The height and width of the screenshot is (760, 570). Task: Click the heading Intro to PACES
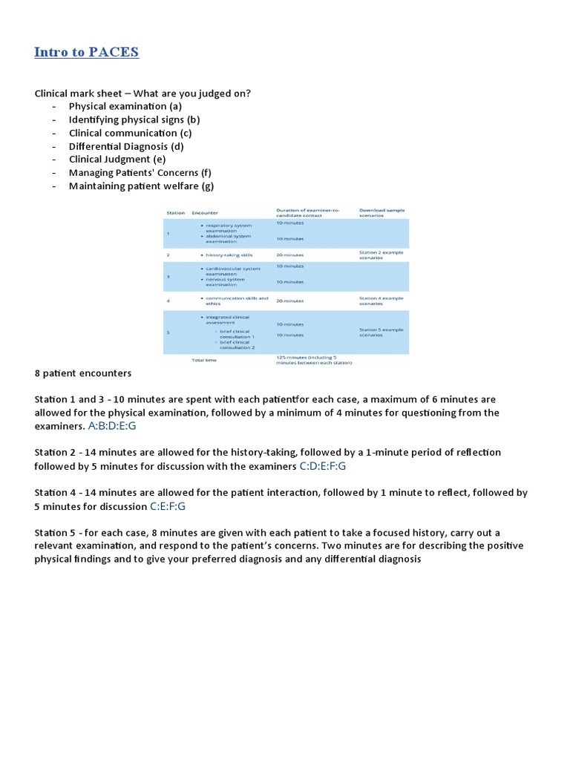click(86, 52)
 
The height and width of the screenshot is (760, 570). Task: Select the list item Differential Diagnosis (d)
click(126, 146)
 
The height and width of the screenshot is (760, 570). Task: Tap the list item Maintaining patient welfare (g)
click(141, 186)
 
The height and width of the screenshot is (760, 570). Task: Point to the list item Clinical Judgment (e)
click(117, 160)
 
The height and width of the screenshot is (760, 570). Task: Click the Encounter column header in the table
click(205, 213)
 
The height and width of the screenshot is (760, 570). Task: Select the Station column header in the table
click(176, 213)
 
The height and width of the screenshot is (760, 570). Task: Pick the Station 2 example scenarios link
click(381, 255)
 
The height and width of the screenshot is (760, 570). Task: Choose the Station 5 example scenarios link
click(381, 332)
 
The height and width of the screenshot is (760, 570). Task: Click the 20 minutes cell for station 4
click(289, 301)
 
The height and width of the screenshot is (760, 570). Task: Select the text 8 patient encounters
click(83, 373)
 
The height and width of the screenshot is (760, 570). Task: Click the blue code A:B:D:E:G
click(112, 426)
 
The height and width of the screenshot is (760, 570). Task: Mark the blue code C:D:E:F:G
click(323, 466)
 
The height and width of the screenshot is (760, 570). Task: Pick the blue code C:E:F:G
click(168, 506)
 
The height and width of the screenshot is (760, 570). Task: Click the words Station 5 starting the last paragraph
click(53, 533)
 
